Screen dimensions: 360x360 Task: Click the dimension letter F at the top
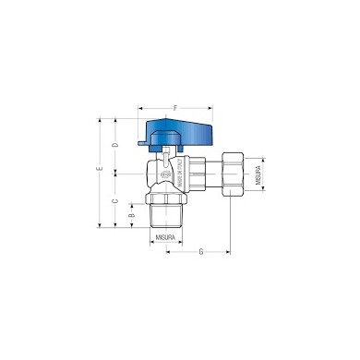coord(175,109)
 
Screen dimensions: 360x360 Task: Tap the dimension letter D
coord(115,145)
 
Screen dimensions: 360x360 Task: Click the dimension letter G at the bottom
coord(200,252)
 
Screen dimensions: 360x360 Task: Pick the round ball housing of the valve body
coord(162,173)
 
